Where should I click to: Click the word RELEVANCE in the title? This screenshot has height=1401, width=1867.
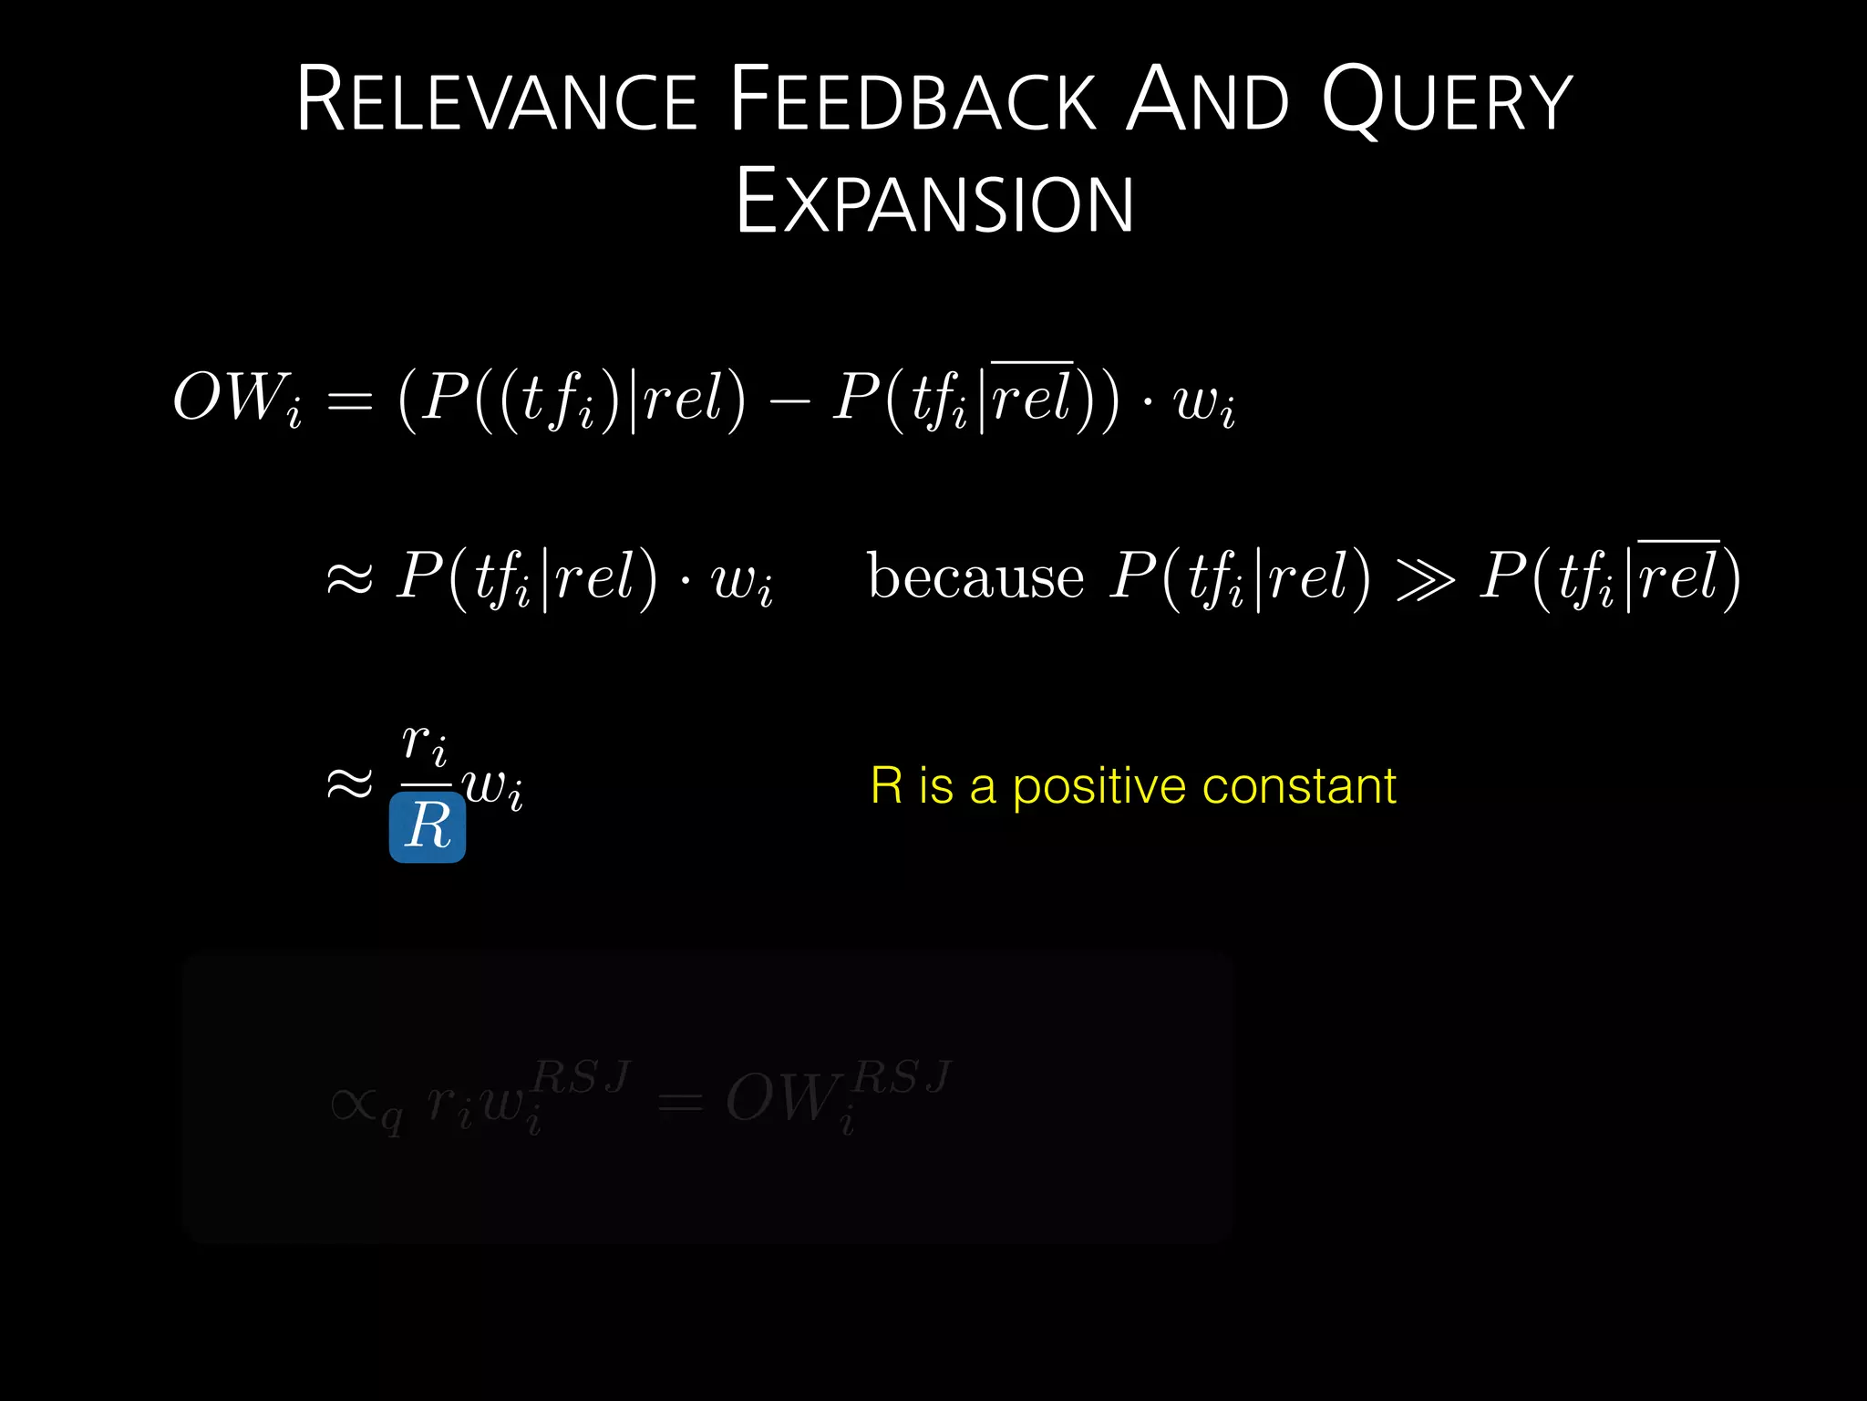click(497, 100)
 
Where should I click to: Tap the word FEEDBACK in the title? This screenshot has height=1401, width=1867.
click(913, 100)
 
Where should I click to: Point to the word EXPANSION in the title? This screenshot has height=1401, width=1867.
click(934, 202)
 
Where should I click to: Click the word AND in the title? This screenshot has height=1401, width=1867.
click(1208, 100)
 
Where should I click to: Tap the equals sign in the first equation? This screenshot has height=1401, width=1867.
click(349, 401)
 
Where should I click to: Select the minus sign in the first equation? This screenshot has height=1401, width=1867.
click(789, 400)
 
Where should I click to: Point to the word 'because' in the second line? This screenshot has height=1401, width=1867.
click(975, 576)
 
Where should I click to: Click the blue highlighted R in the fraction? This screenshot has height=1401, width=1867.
click(428, 826)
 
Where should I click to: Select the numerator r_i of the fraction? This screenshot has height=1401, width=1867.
click(425, 743)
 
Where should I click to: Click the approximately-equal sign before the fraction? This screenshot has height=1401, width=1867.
click(350, 784)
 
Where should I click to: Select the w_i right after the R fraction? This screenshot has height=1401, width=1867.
click(493, 786)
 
